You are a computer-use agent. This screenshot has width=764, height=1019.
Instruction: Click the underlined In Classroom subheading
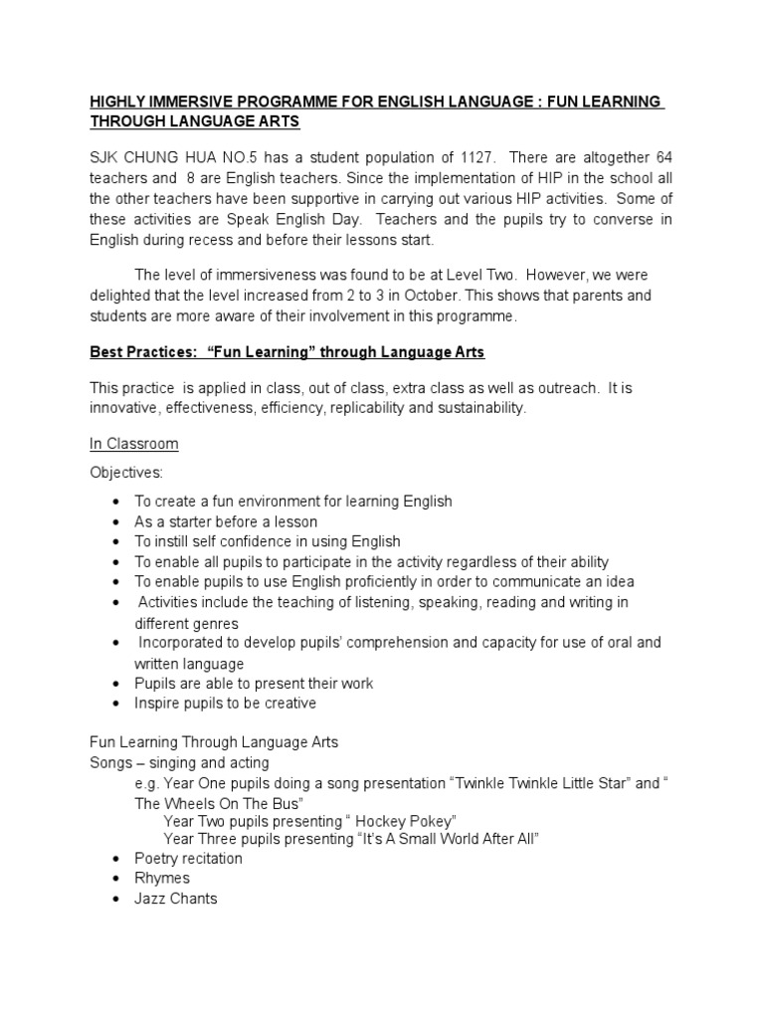click(x=134, y=443)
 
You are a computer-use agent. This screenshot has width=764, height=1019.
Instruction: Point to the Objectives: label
click(x=124, y=472)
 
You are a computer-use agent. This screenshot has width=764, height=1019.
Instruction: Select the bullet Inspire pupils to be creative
click(x=226, y=703)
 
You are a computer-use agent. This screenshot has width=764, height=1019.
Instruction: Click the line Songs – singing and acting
click(x=180, y=762)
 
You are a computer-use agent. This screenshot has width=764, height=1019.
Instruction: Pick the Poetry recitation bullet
click(x=189, y=858)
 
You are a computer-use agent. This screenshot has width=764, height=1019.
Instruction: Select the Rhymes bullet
click(x=162, y=878)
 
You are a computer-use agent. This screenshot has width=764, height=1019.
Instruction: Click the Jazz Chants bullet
click(x=176, y=898)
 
